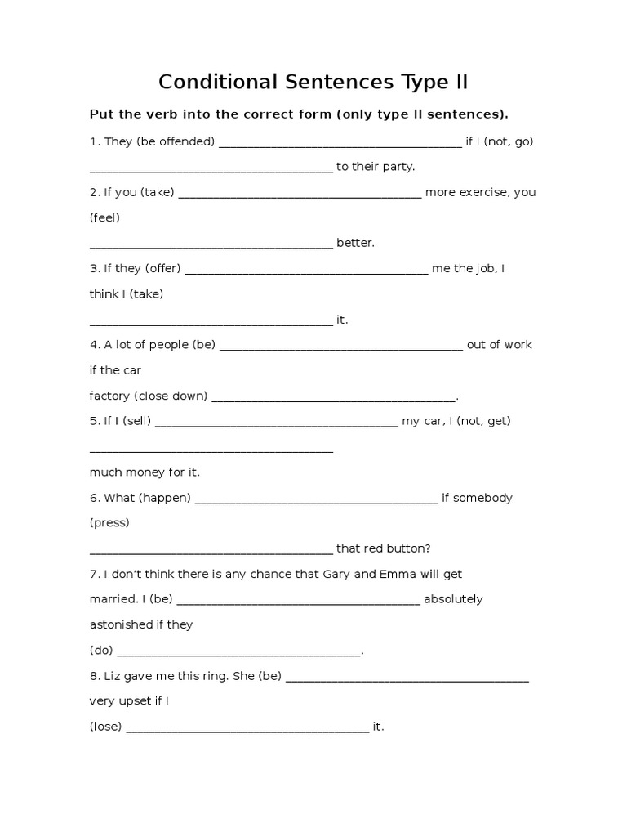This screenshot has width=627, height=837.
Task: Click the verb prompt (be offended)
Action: (176, 141)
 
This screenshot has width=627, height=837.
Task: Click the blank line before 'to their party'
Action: (211, 168)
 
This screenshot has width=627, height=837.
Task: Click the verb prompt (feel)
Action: (104, 218)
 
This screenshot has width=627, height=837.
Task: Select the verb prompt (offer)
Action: (162, 268)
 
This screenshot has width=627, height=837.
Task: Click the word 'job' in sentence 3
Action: (485, 268)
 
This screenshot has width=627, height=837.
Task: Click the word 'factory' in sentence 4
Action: (109, 396)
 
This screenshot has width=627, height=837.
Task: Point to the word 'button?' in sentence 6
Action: (409, 548)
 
